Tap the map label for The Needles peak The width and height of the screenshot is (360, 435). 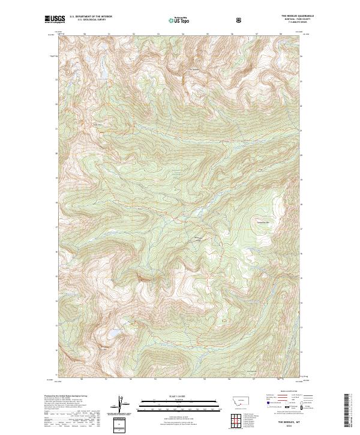point(194,68)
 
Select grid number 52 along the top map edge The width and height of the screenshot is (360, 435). point(132,34)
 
